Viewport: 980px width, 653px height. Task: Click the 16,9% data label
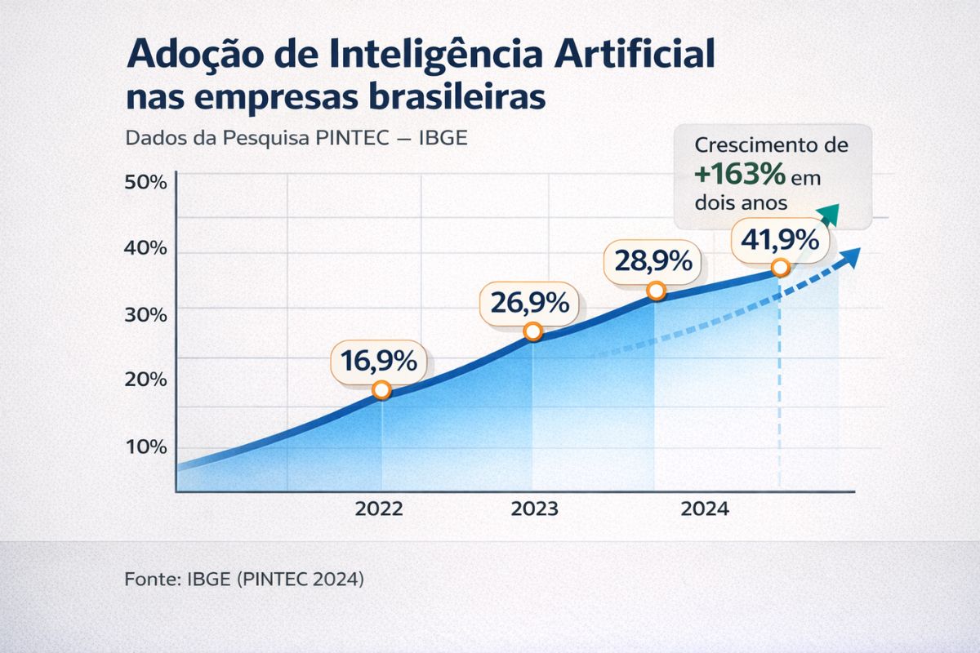tap(378, 361)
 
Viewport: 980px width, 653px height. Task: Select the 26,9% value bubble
tap(529, 303)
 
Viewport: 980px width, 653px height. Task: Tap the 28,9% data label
tap(653, 262)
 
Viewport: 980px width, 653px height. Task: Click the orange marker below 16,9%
tap(381, 390)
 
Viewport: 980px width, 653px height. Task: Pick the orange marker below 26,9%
tap(532, 331)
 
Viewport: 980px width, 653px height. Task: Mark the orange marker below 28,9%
tap(655, 291)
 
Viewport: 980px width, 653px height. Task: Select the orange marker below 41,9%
tap(781, 267)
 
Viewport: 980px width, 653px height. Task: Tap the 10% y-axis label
tap(145, 446)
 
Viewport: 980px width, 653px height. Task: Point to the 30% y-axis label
tap(145, 314)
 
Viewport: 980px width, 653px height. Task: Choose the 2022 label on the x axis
tap(379, 509)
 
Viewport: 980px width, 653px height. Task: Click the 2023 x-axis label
tap(534, 509)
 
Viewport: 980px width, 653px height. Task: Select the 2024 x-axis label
tap(705, 509)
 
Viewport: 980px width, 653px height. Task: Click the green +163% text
tap(740, 175)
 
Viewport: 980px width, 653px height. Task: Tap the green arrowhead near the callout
tap(829, 213)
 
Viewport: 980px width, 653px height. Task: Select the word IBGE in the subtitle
tap(443, 137)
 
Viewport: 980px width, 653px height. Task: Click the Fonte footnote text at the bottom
tap(244, 580)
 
